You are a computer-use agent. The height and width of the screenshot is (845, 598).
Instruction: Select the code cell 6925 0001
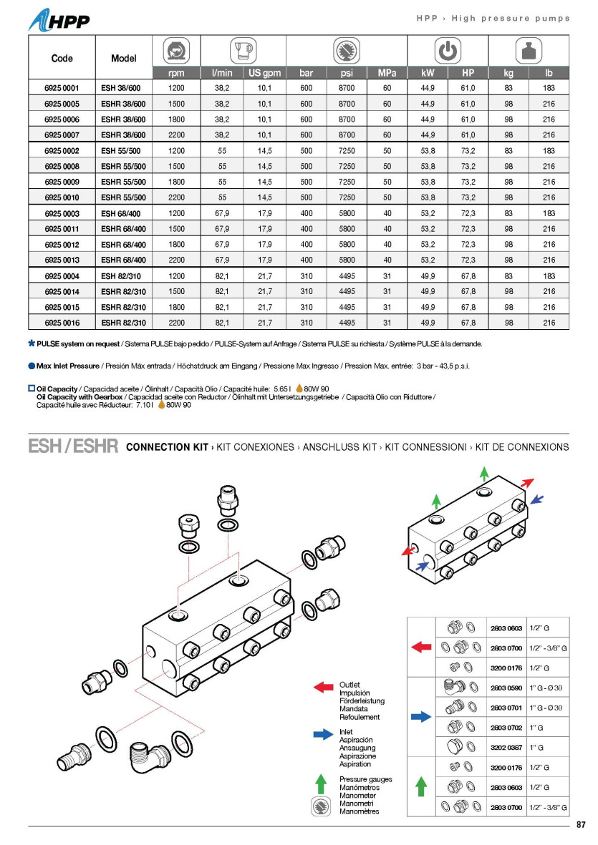(62, 88)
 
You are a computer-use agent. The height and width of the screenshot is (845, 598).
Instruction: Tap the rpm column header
(175, 73)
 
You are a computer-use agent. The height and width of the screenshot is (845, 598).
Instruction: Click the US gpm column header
(265, 73)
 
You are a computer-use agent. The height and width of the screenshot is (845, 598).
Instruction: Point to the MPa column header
(387, 73)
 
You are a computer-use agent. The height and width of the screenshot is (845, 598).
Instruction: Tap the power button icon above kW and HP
(448, 51)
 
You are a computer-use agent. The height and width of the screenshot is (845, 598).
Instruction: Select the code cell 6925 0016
(62, 323)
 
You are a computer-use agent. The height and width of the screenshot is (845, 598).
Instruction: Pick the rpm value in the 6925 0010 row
(175, 197)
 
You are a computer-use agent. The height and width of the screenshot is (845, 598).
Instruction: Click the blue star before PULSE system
(32, 343)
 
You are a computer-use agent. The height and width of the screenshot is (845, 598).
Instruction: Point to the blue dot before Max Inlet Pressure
(32, 366)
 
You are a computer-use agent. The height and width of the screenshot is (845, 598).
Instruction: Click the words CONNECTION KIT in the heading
(167, 447)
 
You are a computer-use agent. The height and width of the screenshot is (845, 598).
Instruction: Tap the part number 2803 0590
(506, 688)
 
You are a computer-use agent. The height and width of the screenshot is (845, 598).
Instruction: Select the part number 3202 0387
(506, 747)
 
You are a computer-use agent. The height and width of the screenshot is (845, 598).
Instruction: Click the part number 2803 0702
(506, 727)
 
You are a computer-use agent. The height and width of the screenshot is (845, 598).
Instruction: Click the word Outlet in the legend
(349, 685)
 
